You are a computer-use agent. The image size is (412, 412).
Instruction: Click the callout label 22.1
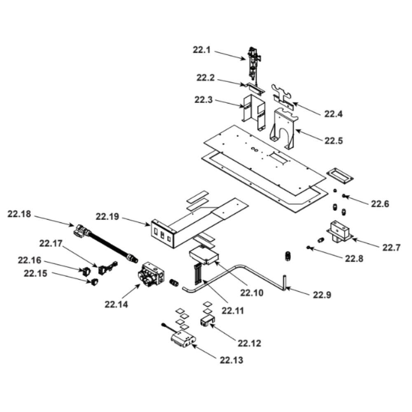point(201,50)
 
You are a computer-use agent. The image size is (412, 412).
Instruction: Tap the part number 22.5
point(333,140)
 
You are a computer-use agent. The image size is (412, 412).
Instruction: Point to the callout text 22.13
point(231,360)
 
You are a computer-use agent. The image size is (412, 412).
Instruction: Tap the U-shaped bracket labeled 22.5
point(285,128)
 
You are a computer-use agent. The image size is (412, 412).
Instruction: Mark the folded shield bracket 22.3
point(253,111)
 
